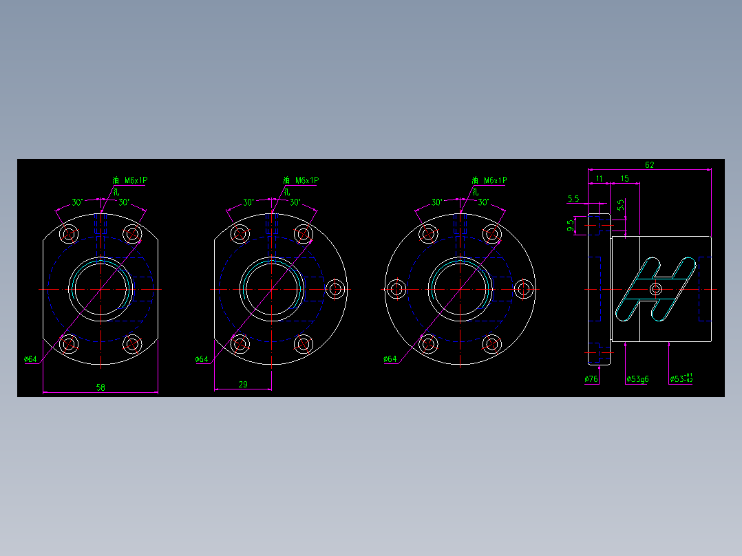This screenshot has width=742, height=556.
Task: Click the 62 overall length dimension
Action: point(649,165)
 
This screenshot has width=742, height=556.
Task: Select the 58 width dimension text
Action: point(100,387)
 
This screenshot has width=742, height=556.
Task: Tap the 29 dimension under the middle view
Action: point(243,385)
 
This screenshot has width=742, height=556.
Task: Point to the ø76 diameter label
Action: point(591,379)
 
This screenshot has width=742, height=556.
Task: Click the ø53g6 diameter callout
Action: point(637,379)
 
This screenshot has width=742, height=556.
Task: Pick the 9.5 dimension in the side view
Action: point(571,224)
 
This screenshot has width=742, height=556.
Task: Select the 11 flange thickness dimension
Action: point(599,179)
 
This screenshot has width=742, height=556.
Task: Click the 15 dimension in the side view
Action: point(624,179)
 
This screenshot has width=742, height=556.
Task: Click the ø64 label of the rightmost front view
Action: point(390,359)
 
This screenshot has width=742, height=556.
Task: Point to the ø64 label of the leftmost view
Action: point(30,359)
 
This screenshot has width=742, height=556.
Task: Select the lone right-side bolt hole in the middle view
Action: point(336,289)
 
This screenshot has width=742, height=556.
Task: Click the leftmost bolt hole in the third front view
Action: point(396,289)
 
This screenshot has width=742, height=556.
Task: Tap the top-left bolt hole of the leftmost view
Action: point(69,234)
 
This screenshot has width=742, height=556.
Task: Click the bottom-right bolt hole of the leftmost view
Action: point(132,343)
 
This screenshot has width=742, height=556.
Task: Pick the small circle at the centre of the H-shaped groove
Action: point(656,289)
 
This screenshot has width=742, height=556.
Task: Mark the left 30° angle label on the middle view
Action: point(248,203)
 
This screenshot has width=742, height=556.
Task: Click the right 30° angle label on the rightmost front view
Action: point(483,203)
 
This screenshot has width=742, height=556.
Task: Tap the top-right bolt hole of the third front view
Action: point(491,234)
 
